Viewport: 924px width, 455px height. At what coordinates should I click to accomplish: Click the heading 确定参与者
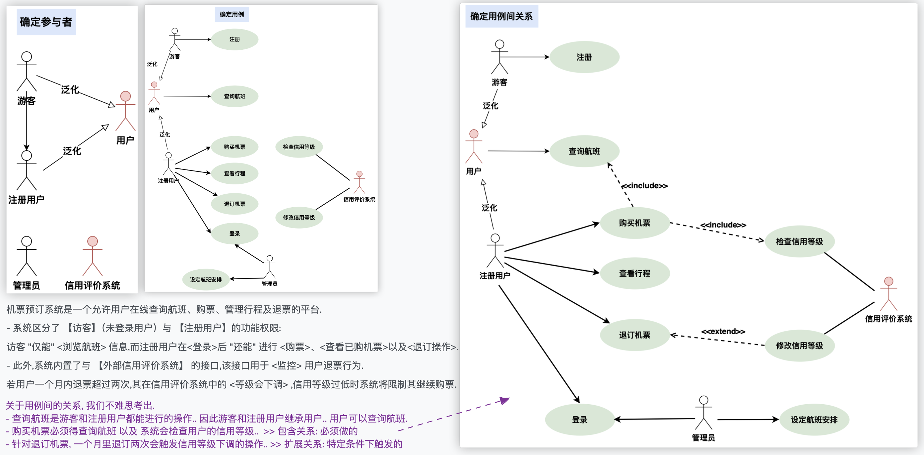pos(46,22)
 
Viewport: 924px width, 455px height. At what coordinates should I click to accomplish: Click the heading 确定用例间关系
pos(501,17)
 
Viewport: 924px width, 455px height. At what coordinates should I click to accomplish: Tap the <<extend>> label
pos(723,331)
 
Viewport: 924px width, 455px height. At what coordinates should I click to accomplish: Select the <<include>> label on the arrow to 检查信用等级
pos(723,225)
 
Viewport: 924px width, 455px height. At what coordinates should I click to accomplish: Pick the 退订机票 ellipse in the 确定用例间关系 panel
pos(634,335)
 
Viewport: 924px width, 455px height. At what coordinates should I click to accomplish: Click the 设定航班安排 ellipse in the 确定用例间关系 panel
pos(814,420)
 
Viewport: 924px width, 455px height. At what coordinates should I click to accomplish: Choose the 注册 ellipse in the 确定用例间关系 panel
pos(584,57)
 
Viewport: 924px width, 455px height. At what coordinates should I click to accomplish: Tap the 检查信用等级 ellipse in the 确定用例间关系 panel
pos(799,241)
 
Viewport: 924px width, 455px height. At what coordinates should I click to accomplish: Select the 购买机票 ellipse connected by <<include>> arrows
pos(634,223)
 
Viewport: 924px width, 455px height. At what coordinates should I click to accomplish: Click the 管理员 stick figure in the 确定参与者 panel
pos(27,256)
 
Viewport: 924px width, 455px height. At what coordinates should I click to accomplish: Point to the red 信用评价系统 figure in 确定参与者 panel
pos(93,256)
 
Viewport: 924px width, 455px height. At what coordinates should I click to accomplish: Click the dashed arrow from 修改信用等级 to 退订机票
pos(717,340)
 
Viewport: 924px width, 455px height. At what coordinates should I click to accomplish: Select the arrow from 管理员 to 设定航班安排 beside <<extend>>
pos(748,419)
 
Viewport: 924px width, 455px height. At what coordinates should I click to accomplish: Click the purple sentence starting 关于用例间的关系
pos(80,406)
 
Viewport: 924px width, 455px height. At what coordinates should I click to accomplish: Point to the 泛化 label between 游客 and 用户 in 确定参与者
pos(70,90)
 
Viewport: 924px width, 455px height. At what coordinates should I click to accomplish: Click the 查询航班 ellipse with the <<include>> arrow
pos(584,151)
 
